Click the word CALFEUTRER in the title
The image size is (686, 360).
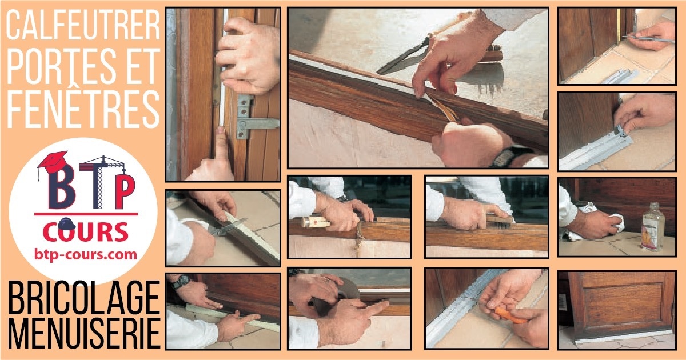83,25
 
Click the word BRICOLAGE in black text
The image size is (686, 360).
84,298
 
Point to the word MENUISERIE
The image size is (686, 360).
84,333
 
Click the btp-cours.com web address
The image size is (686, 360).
85,255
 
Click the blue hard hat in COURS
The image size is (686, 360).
66,224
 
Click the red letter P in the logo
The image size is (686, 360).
125,191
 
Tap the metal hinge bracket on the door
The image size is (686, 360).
256,118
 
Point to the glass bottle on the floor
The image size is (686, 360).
653,227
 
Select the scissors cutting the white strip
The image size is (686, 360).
228,227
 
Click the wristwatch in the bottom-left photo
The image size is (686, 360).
181,281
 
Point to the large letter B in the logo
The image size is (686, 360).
62,187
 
